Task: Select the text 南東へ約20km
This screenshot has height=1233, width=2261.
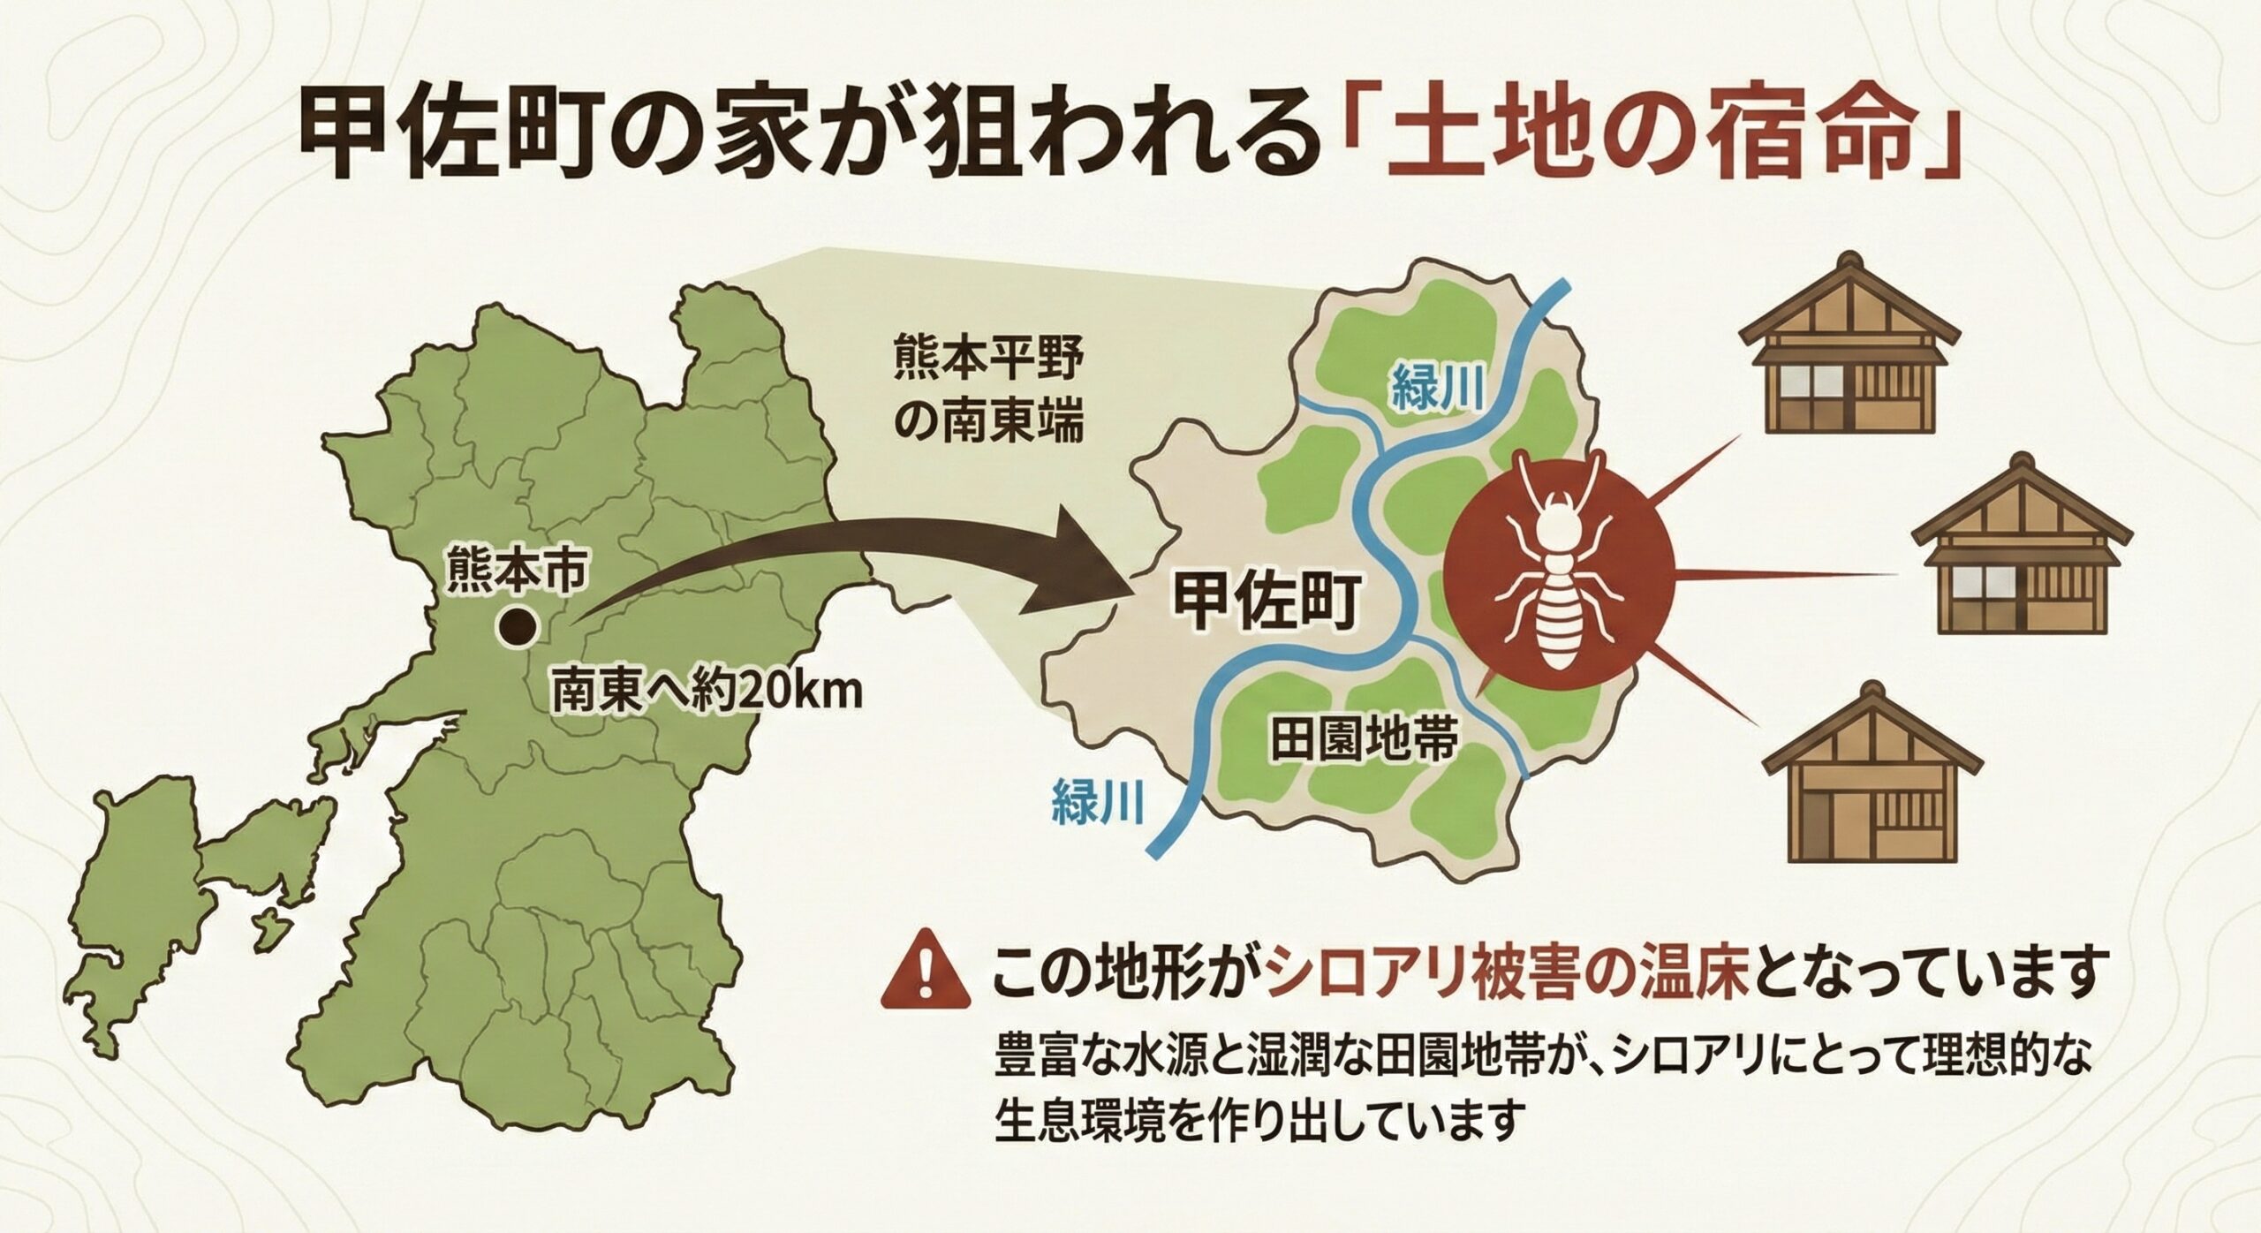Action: tap(706, 693)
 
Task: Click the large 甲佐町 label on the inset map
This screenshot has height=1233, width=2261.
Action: tap(1263, 603)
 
